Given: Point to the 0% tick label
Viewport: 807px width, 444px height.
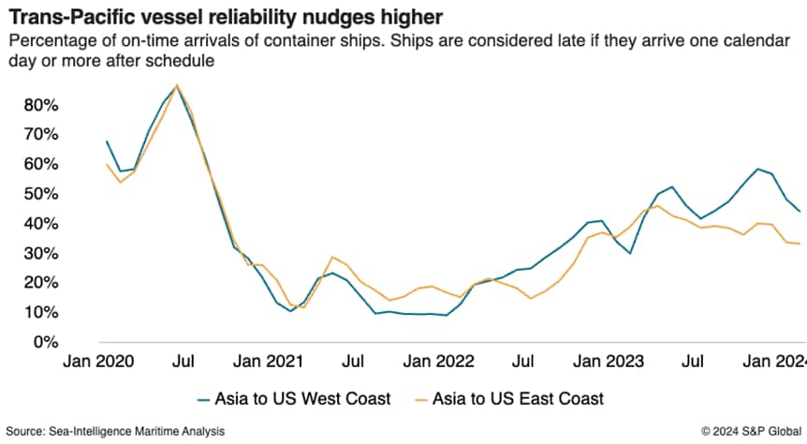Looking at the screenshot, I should tap(47, 342).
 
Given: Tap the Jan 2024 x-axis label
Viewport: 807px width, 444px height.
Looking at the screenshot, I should tap(776, 360).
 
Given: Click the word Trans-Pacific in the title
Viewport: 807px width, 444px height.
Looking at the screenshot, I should tap(57, 18).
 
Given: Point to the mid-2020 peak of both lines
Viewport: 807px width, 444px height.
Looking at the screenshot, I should tap(178, 85).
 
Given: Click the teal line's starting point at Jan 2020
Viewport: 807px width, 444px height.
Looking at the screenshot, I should tap(107, 141).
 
